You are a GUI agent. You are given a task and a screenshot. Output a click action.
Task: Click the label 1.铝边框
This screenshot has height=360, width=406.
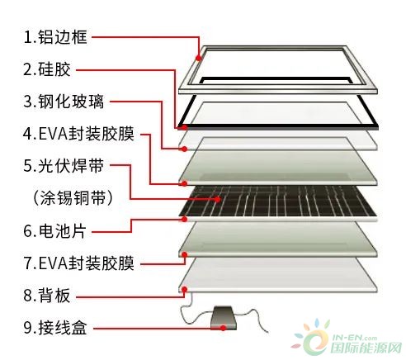55,37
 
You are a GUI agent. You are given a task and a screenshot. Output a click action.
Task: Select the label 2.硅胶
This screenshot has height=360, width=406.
47,69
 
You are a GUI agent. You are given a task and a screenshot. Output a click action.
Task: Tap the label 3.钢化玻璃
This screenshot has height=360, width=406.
64,102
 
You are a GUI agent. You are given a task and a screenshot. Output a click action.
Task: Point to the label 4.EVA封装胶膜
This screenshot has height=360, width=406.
79,134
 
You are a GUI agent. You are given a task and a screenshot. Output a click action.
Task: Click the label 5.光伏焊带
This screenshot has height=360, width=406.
64,166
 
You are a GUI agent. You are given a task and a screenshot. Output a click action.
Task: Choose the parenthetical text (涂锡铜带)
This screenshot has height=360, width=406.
73,197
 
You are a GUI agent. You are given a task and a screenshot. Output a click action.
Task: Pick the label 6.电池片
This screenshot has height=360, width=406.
55,230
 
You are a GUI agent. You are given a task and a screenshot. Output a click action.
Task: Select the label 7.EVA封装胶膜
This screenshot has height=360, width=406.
79,263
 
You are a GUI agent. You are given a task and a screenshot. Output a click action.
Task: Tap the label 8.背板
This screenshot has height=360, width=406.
47,296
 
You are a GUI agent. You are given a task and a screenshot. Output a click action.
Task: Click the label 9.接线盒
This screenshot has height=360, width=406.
55,327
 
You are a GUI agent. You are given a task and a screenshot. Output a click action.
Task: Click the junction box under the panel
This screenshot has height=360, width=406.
224,318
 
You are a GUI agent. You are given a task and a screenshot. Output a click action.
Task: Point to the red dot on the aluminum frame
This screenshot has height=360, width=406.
199,58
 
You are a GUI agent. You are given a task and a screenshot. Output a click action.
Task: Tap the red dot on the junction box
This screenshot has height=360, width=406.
224,328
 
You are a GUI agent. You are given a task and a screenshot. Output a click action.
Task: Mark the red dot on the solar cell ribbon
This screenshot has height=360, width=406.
218,199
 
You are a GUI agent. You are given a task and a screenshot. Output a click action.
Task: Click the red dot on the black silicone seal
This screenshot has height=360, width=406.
185,127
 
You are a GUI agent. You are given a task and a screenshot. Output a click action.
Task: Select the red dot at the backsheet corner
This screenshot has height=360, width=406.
185,289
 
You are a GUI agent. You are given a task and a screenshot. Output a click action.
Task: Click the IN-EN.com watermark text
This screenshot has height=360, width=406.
355,338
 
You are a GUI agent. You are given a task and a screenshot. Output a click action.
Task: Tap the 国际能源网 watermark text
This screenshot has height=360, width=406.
366,348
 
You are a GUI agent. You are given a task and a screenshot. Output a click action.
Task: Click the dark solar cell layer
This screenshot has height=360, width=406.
278,201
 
